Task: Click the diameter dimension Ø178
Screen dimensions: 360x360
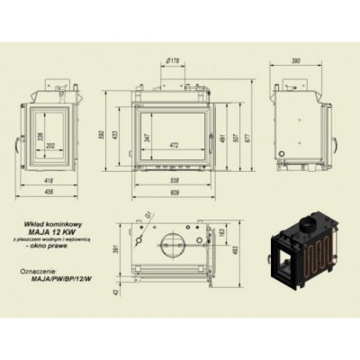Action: [175, 61]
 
